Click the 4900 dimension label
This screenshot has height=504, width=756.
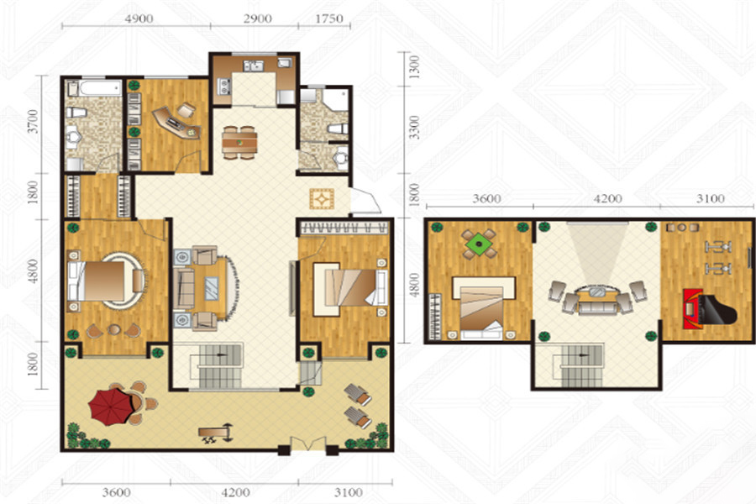(139, 18)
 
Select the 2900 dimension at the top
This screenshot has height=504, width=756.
(257, 18)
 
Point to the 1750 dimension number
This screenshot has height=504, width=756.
(328, 18)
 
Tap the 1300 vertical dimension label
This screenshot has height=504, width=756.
(413, 67)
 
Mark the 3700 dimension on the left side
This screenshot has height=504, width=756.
(32, 122)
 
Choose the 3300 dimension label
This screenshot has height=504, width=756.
(413, 128)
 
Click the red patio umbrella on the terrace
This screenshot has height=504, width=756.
(110, 407)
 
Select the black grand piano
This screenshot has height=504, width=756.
(711, 309)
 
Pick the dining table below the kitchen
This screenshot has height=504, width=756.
(239, 142)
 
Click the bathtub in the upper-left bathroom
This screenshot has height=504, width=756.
(100, 87)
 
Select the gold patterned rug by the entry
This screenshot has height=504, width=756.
(322, 199)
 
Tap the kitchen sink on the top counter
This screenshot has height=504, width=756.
(253, 66)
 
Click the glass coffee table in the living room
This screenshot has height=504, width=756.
(211, 288)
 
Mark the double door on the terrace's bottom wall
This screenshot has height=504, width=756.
(307, 444)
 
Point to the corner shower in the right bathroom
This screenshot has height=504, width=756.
(334, 100)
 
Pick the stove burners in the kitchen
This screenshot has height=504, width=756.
(224, 86)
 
